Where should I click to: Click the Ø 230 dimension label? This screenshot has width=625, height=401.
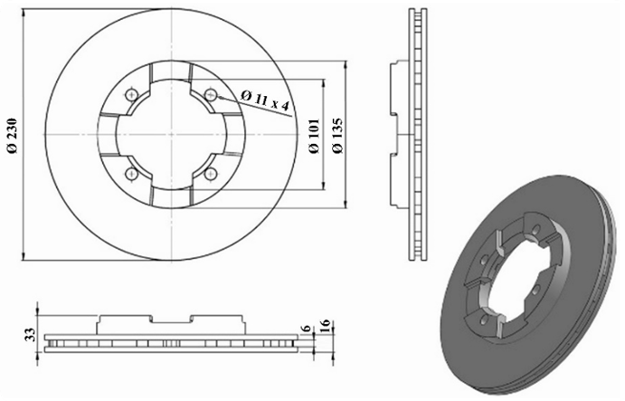pyautogui.click(x=12, y=135)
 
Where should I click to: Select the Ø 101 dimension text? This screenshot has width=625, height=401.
pyautogui.click(x=315, y=136)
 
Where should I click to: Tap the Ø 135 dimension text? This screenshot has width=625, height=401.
pyautogui.click(x=337, y=136)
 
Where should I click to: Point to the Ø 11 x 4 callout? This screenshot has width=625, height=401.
pyautogui.click(x=265, y=100)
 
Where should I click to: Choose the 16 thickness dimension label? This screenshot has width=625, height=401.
pyautogui.click(x=325, y=325)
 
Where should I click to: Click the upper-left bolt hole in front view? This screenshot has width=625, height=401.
pyautogui.click(x=131, y=94)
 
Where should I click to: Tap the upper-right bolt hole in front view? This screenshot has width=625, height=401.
pyautogui.click(x=210, y=94)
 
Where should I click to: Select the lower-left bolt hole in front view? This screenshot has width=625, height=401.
pyautogui.click(x=131, y=174)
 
